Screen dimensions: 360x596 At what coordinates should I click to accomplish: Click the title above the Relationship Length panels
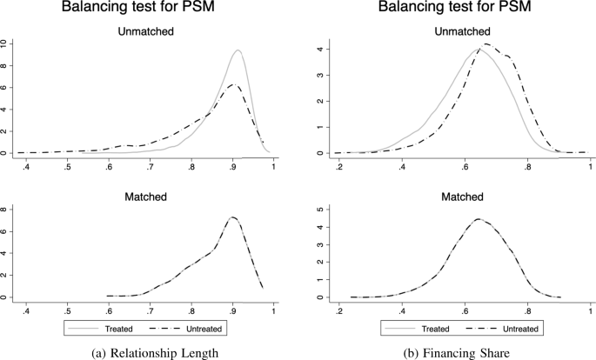[x=149, y=10]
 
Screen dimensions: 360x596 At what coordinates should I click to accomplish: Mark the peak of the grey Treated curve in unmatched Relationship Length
[x=238, y=50]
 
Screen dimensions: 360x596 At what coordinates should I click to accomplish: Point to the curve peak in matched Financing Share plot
[x=479, y=219]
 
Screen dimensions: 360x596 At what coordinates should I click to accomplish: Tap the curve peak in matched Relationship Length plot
[x=232, y=217]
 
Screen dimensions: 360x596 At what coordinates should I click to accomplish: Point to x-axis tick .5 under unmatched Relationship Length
[x=67, y=165]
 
